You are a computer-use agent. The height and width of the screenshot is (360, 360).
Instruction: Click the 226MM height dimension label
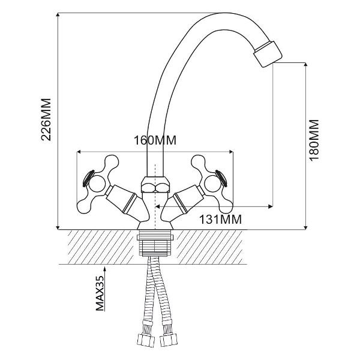[x=46, y=119]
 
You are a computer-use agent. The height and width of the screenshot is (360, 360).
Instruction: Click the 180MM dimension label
[x=314, y=140]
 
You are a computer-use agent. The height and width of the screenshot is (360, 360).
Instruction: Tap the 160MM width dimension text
[x=155, y=140]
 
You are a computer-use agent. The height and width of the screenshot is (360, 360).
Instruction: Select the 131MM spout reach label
[x=220, y=220]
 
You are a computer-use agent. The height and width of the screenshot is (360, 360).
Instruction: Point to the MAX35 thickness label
[x=100, y=293]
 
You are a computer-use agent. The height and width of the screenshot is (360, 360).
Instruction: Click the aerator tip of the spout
[x=268, y=54]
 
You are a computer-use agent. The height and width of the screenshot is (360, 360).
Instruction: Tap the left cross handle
[x=98, y=184]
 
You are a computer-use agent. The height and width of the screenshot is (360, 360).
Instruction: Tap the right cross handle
[x=212, y=184]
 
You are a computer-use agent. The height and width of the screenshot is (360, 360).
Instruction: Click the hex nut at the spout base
[x=155, y=184]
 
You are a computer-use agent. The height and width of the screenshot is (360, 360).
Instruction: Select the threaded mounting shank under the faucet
[x=155, y=245]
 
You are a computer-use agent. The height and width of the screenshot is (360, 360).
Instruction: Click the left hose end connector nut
[x=145, y=340]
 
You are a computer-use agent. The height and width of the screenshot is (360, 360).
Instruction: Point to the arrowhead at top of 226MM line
[x=58, y=14]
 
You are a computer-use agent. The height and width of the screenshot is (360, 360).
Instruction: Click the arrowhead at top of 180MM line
[x=305, y=64]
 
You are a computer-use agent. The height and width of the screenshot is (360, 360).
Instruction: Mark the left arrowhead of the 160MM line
[x=79, y=152]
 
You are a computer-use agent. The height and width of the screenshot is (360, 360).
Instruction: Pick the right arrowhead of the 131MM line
[x=271, y=206]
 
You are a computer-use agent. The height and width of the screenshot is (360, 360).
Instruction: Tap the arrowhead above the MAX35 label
[x=104, y=268]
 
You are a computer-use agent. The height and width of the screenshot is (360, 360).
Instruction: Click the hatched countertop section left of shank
[x=101, y=247]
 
